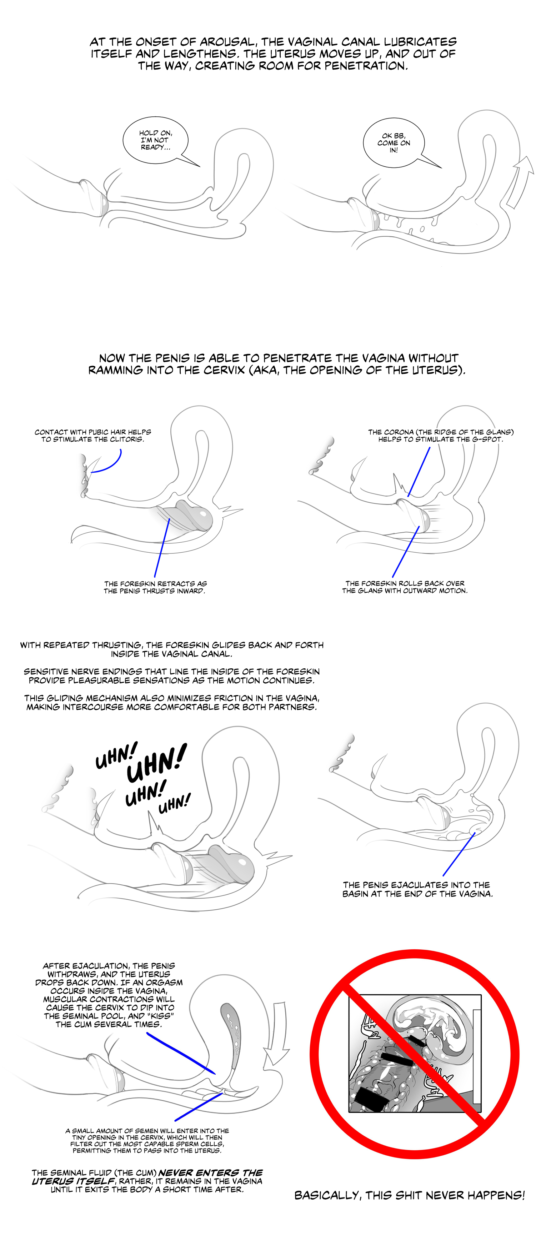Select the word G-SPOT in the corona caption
point(486,439)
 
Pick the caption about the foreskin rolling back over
point(405,587)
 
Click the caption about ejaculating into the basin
point(417,889)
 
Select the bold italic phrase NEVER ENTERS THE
point(211,1172)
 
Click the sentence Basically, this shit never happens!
point(410,1195)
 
